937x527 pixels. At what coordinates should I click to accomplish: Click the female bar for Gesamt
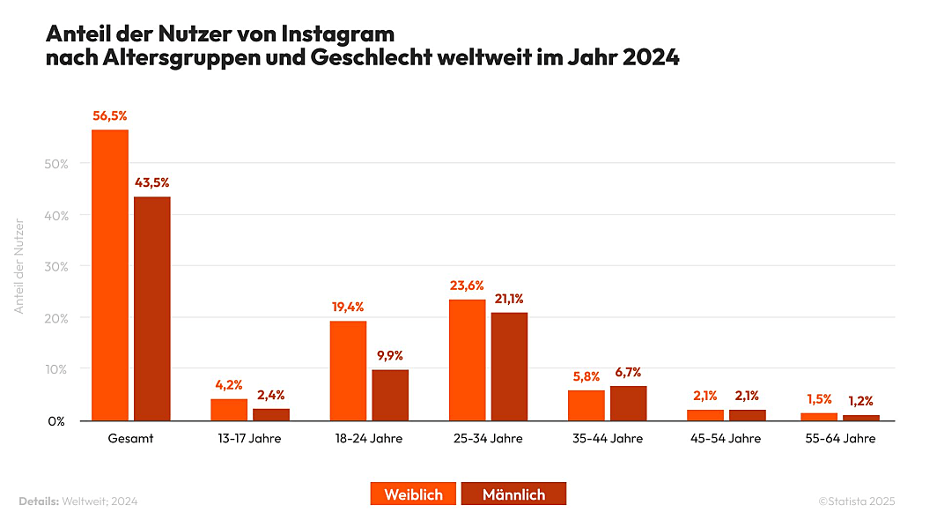(x=110, y=275)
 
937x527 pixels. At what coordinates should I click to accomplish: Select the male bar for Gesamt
(x=152, y=308)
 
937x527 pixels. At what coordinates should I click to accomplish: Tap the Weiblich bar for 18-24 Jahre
(x=348, y=370)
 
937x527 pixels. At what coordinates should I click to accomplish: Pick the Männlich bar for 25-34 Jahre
(x=509, y=366)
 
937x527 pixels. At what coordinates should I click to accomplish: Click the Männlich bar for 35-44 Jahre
(x=628, y=403)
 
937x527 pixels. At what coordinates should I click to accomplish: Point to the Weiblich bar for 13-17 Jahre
(x=229, y=410)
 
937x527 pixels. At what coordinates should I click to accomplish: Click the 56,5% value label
(x=110, y=115)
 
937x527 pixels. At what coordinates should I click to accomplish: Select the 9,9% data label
(x=390, y=355)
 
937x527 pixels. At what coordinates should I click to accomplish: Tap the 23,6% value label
(x=467, y=286)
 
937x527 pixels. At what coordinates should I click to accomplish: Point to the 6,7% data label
(x=628, y=372)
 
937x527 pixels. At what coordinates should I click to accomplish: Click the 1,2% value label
(x=860, y=401)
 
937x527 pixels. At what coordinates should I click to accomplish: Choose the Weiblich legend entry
(x=413, y=494)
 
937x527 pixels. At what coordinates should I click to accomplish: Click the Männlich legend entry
(x=513, y=494)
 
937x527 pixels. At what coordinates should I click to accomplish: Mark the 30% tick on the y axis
(x=56, y=266)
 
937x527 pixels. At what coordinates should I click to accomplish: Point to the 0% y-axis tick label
(x=56, y=421)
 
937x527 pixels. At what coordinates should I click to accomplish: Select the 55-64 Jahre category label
(x=840, y=439)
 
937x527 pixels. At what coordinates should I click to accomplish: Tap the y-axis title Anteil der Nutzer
(x=18, y=265)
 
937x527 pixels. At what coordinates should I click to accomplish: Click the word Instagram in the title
(x=337, y=34)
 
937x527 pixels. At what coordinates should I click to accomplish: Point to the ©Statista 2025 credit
(x=856, y=501)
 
